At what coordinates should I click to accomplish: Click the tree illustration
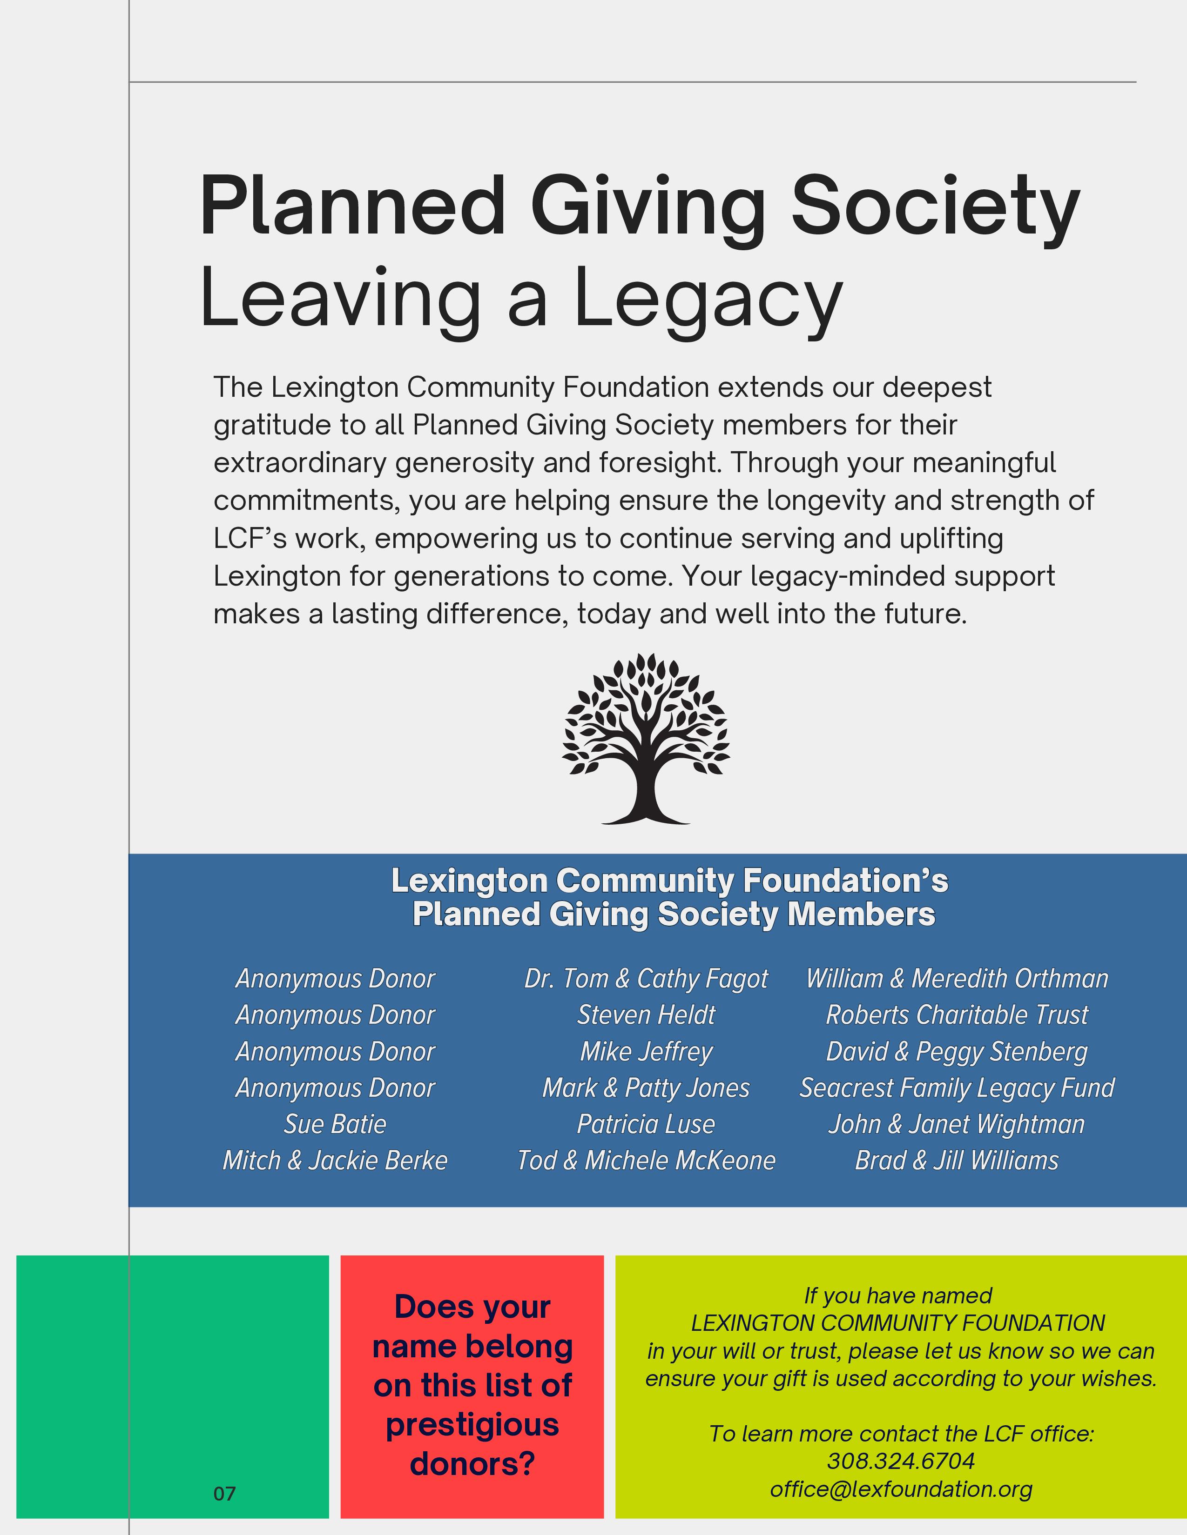point(646,739)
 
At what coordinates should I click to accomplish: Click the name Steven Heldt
point(646,1015)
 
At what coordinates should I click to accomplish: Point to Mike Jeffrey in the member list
point(646,1051)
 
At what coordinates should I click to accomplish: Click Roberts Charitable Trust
point(957,1015)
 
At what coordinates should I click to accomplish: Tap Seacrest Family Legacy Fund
point(957,1088)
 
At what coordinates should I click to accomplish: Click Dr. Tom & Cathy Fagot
point(646,978)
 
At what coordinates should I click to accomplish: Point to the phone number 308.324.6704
point(901,1461)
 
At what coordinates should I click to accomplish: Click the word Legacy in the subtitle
point(709,300)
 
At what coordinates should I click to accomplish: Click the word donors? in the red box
point(472,1464)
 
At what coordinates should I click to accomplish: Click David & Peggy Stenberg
point(957,1051)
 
